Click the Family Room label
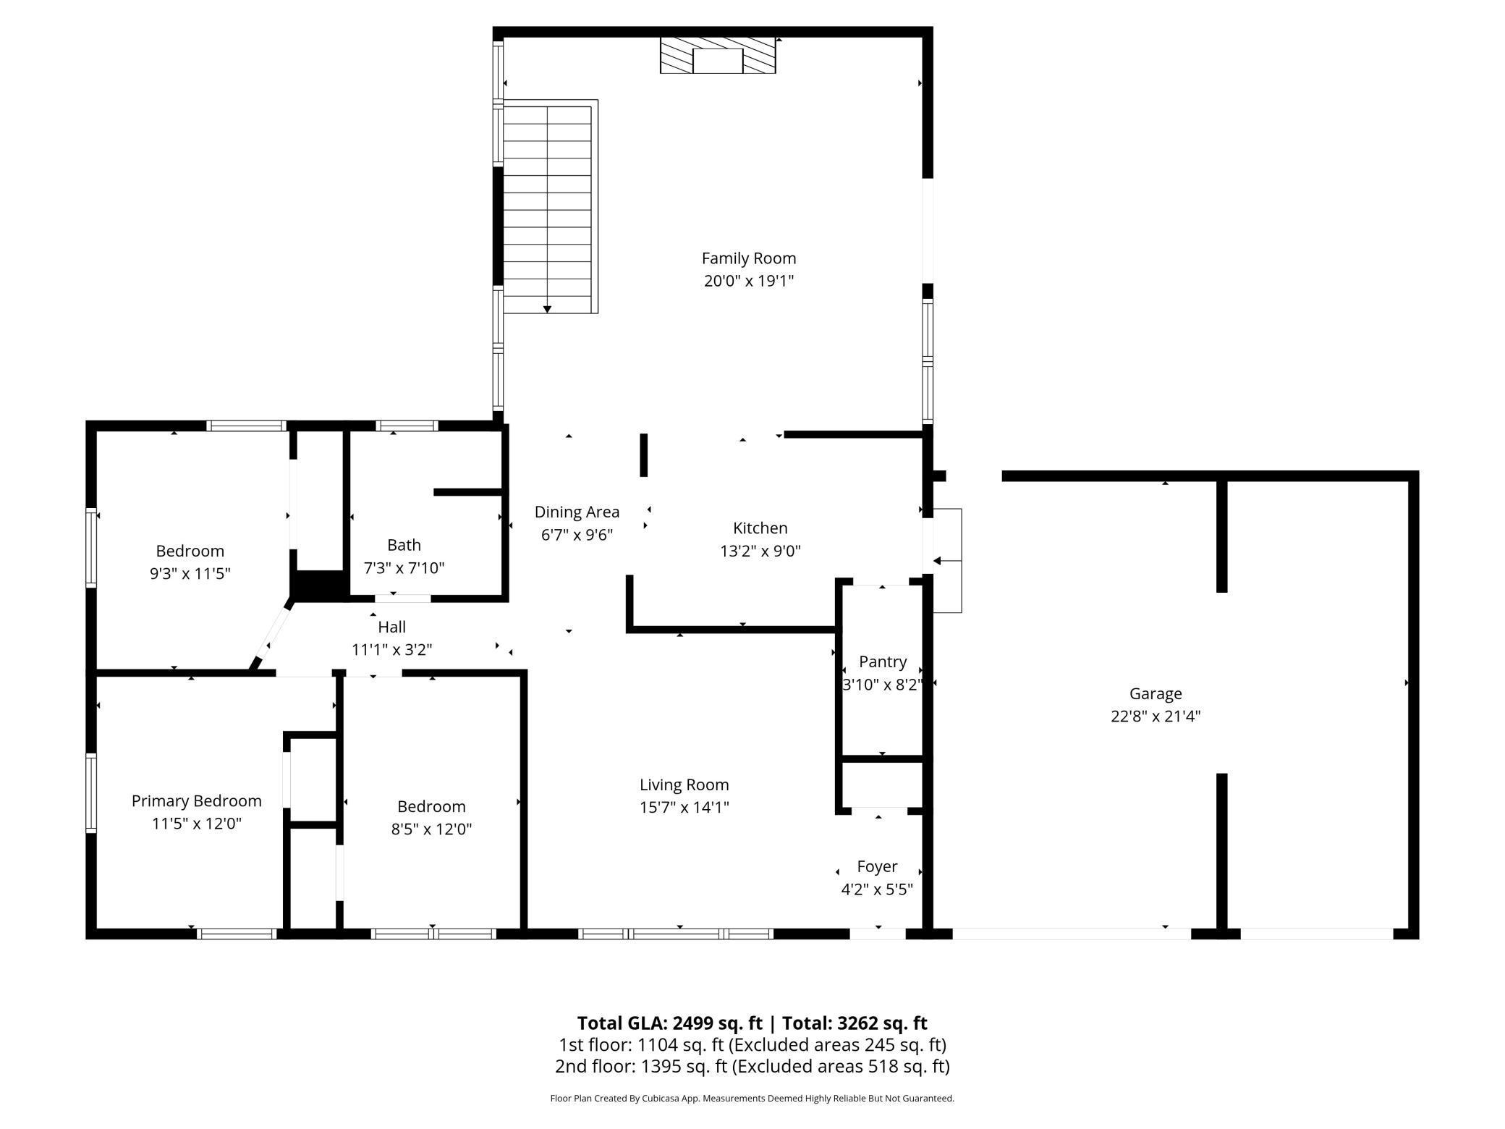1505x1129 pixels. pyautogui.click(x=748, y=258)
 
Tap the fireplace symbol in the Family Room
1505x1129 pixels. pyautogui.click(x=717, y=56)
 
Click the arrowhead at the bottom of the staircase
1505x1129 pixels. pyautogui.click(x=547, y=309)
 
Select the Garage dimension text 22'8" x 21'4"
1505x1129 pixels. pyautogui.click(x=1155, y=716)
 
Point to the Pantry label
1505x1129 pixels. pyautogui.click(x=882, y=661)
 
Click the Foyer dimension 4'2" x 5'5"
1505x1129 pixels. pyautogui.click(x=876, y=889)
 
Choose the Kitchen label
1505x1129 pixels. pyautogui.click(x=760, y=528)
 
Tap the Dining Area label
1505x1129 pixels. pyautogui.click(x=577, y=512)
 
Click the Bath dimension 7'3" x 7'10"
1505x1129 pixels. pyautogui.click(x=404, y=567)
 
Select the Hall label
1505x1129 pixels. pyautogui.click(x=391, y=627)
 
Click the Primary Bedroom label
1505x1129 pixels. pyautogui.click(x=196, y=800)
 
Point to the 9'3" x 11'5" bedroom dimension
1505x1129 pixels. pyautogui.click(x=190, y=573)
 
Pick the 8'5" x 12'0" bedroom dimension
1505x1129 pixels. pyautogui.click(x=431, y=829)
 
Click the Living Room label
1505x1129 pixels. pyautogui.click(x=684, y=785)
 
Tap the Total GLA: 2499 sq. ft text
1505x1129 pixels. pyautogui.click(x=669, y=1023)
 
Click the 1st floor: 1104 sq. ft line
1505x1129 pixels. pyautogui.click(x=752, y=1044)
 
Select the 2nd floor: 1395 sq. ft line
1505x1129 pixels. pyautogui.click(x=752, y=1066)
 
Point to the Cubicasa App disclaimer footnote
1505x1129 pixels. pyautogui.click(x=752, y=1098)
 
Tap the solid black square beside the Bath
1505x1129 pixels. pyautogui.click(x=319, y=585)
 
